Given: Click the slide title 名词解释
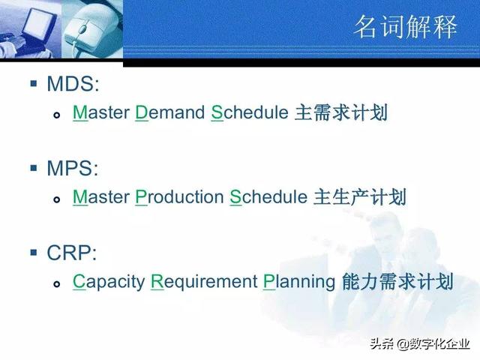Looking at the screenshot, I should pos(405,28).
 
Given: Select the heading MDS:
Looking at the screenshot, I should pos(73,83).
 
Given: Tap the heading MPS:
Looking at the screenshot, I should pos(73,168).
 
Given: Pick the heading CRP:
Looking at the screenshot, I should pos(73,253).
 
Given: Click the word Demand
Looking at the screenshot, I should pos(169,113).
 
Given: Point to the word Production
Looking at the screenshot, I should pos(179,198).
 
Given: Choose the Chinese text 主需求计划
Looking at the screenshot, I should pos(340,113).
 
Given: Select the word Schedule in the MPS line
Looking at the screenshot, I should pos(268,198).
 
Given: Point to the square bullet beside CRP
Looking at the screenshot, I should pos(33,251).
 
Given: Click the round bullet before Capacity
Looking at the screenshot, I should pos(57,284).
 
